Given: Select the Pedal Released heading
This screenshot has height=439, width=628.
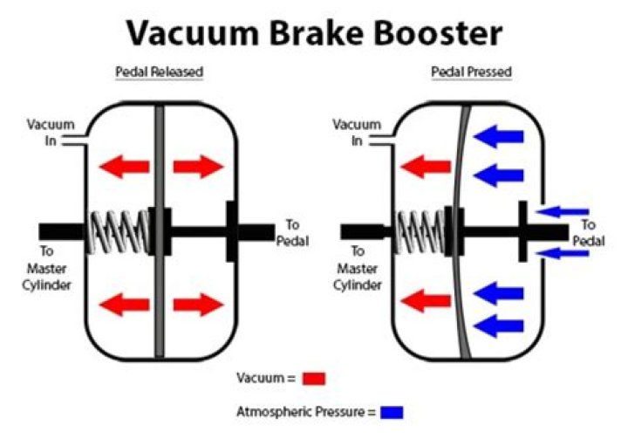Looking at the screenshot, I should click(160, 72).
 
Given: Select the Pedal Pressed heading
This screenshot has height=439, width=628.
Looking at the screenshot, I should click(472, 72).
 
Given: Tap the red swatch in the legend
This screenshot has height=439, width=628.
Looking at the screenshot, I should click(315, 379).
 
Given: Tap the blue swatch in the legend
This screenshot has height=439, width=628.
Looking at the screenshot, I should click(391, 410).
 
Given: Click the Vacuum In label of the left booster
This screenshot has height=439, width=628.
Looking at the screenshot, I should click(51, 134).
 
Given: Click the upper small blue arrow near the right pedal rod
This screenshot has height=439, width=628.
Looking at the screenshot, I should click(564, 210).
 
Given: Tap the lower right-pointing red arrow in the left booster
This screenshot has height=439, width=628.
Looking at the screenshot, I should click(199, 305).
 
